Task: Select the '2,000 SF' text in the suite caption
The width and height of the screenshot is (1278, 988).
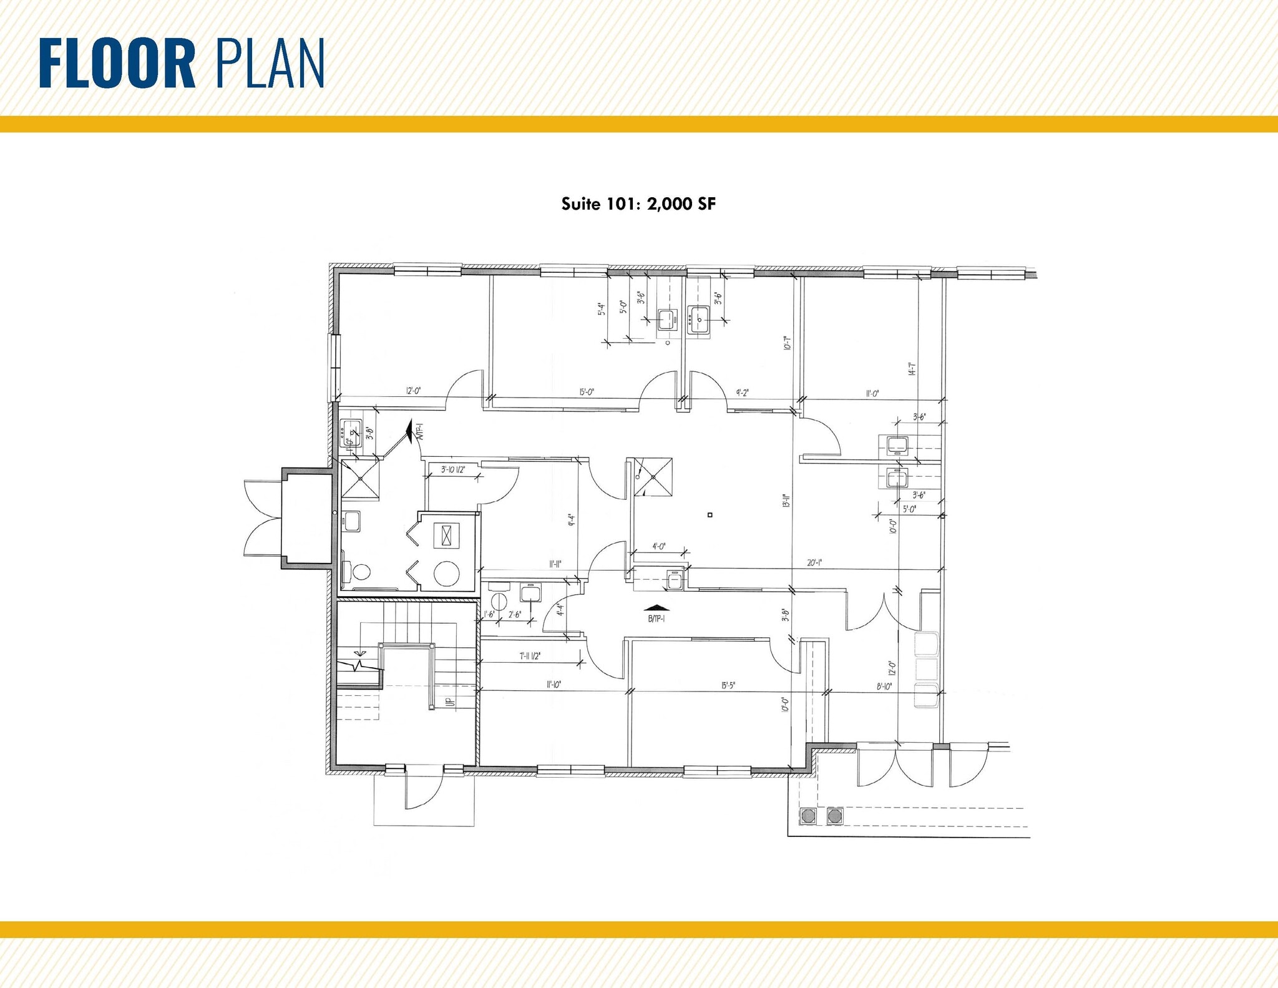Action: coord(681,204)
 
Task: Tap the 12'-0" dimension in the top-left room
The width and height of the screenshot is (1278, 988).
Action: coord(414,391)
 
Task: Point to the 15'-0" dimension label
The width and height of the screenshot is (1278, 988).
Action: coord(587,392)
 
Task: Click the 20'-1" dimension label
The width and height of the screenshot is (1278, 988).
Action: coord(814,562)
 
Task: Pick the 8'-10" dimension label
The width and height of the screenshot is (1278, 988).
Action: coord(884,686)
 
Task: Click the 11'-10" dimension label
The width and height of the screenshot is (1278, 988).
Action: coord(554,685)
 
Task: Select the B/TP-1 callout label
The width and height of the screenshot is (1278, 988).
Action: coord(656,619)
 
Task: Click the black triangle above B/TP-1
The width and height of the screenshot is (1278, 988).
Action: coord(656,607)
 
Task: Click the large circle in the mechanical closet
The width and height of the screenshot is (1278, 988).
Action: coord(447,574)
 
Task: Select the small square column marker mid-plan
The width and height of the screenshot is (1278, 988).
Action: coord(710,515)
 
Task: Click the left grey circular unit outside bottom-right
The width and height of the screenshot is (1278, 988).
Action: coord(808,816)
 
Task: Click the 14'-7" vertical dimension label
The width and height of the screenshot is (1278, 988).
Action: coord(912,369)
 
